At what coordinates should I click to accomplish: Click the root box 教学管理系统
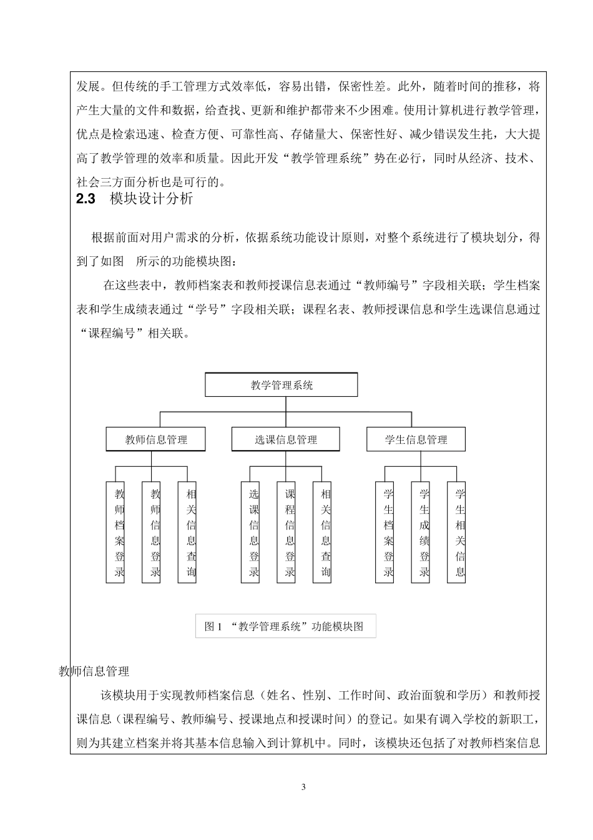point(282,385)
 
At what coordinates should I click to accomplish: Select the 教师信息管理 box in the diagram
point(155,439)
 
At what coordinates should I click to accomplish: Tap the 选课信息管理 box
point(285,439)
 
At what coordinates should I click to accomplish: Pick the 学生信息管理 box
point(416,439)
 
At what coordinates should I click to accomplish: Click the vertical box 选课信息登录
point(250,532)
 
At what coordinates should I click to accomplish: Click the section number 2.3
point(85,199)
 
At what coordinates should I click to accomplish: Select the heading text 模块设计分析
point(152,199)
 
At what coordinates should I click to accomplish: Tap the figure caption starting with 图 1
point(285,626)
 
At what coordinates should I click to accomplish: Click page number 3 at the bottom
point(303,787)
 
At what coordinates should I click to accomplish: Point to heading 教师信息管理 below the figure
point(94,672)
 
